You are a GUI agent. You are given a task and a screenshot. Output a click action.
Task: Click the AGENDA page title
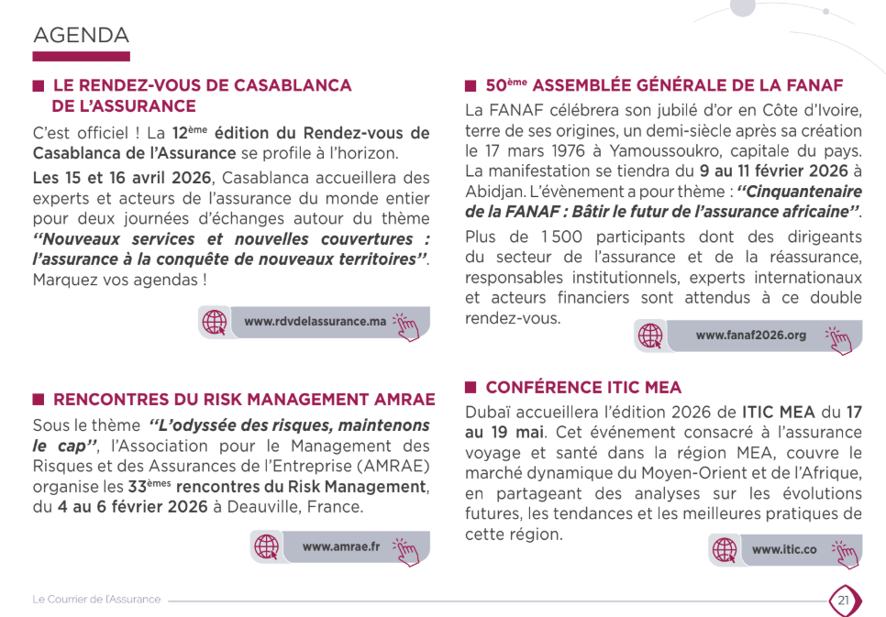pyautogui.click(x=81, y=36)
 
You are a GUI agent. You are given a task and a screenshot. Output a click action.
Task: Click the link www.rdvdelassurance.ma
pyautogui.click(x=315, y=322)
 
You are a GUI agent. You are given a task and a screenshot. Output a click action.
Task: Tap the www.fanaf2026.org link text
pyautogui.click(x=750, y=336)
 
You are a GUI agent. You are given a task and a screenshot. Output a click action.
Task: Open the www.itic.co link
pyautogui.click(x=783, y=549)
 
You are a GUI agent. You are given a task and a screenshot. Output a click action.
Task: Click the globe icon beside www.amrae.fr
pyautogui.click(x=266, y=546)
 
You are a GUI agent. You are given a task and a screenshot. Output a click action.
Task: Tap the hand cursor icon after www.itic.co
pyautogui.click(x=846, y=550)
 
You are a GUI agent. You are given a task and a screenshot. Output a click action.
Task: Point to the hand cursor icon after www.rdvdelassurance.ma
pyautogui.click(x=406, y=324)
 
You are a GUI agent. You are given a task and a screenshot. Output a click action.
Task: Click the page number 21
pyautogui.click(x=843, y=600)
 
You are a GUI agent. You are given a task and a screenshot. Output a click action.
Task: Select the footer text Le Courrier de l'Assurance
pyautogui.click(x=96, y=600)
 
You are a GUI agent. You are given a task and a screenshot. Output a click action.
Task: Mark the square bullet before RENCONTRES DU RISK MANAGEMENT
pyautogui.click(x=39, y=400)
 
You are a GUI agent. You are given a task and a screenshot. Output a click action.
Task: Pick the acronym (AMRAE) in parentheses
pyautogui.click(x=393, y=467)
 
